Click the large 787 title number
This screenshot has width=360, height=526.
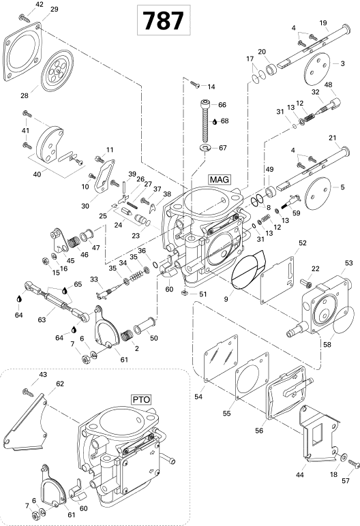tap(164, 20)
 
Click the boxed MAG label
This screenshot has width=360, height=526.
tap(220, 179)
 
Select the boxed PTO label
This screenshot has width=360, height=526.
tap(141, 399)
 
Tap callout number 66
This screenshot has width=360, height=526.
tap(222, 105)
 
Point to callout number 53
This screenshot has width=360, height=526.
tap(349, 263)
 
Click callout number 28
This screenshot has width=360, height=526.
tap(25, 95)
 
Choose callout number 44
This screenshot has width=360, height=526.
tap(299, 475)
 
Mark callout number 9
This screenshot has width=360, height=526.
tap(226, 298)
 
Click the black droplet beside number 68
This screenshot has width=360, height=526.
tap(215, 122)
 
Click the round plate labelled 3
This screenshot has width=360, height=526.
tap(316, 65)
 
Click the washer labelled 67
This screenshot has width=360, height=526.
tap(205, 147)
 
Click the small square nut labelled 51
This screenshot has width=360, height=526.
tap(184, 293)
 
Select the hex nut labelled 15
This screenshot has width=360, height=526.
tap(44, 261)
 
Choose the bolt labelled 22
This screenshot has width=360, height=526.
tap(306, 283)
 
